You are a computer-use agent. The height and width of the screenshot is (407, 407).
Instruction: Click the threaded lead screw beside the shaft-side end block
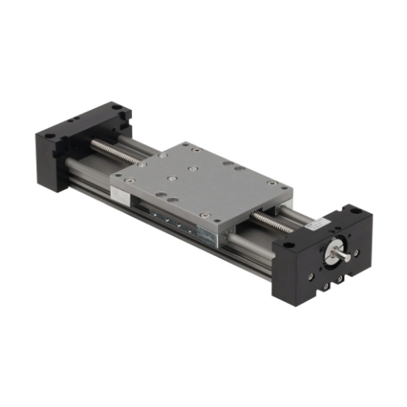tap(272, 221)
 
